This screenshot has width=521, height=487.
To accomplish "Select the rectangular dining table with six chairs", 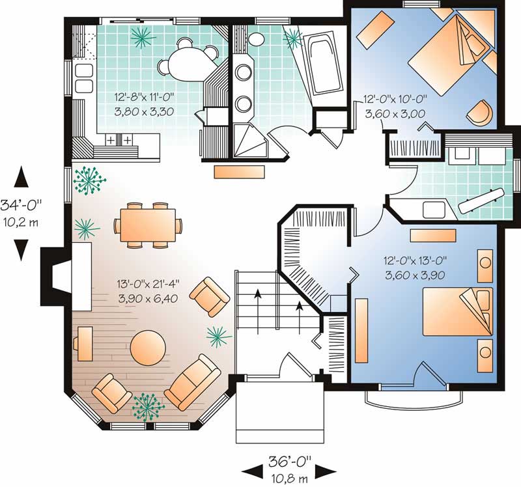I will point(148,225).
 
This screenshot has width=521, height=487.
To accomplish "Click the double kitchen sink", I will point(83,77).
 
